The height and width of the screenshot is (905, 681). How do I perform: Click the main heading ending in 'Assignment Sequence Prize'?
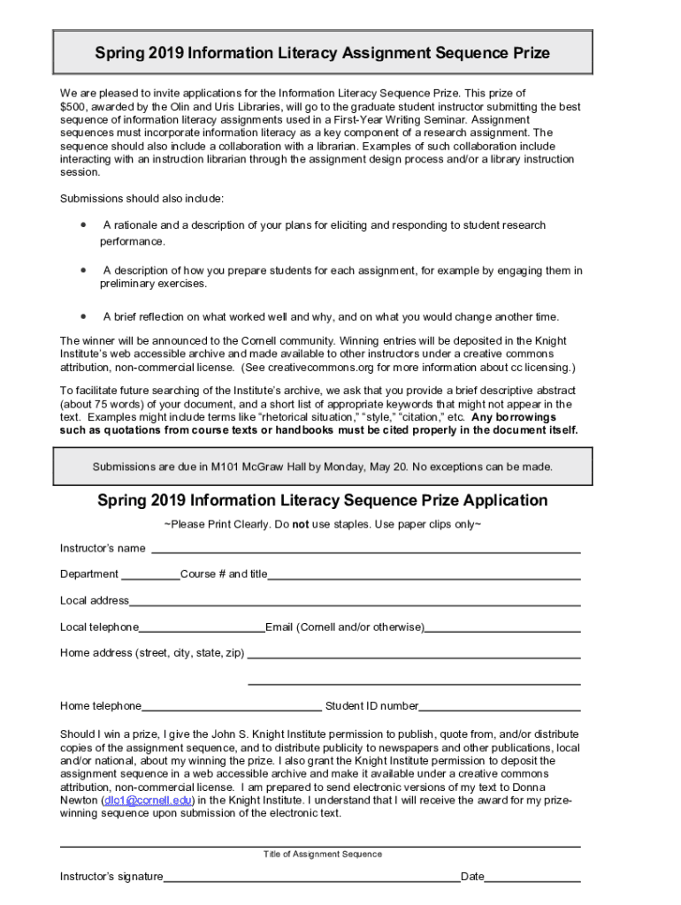click(322, 53)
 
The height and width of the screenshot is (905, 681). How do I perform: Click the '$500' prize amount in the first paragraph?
click(74, 107)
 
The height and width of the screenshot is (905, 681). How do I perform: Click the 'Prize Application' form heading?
click(322, 500)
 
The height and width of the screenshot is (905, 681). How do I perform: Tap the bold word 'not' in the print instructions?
click(301, 525)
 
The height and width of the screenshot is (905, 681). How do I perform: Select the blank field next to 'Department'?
click(150, 577)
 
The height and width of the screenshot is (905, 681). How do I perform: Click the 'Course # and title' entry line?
click(424, 577)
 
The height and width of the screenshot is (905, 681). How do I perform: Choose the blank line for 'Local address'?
click(354, 604)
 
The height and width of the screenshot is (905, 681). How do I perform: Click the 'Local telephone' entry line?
click(202, 630)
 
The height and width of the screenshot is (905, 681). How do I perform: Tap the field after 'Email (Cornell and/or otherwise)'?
click(502, 630)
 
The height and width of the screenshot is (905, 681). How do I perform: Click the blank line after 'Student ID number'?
click(500, 709)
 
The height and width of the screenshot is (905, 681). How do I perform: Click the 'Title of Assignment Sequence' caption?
click(322, 855)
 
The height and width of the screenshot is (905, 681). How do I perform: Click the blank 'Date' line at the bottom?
click(532, 880)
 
